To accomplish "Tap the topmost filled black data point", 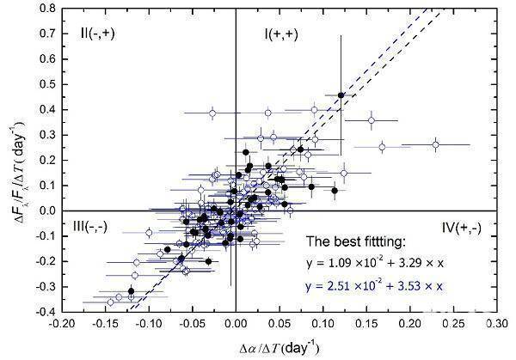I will coord(341,95).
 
